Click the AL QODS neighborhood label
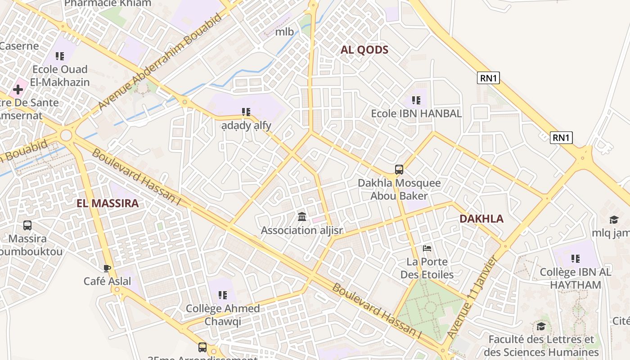(364, 50)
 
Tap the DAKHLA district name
(481, 219)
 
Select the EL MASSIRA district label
(108, 203)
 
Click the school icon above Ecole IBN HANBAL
(416, 100)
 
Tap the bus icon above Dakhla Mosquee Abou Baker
(399, 170)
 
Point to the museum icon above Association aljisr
(302, 217)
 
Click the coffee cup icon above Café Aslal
(107, 268)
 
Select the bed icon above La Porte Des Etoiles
(427, 248)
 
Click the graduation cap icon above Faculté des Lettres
(541, 326)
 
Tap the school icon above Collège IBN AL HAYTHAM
(575, 259)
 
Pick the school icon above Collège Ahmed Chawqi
(222, 295)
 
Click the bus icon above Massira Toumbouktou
(27, 225)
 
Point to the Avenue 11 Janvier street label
(472, 297)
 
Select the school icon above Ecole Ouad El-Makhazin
(59, 56)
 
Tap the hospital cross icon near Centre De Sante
(18, 90)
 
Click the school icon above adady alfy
(246, 112)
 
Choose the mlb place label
(284, 31)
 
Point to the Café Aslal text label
(107, 282)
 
